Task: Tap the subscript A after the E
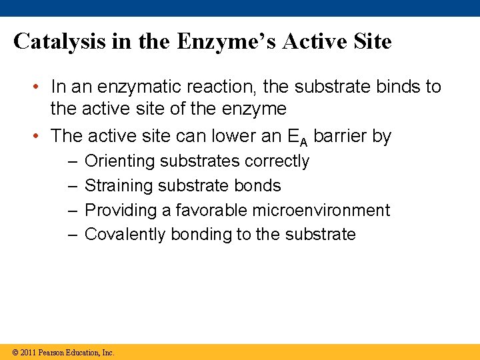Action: pyautogui.click(x=303, y=141)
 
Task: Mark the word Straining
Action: pyautogui.click(x=117, y=186)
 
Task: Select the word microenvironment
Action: pyautogui.click(x=321, y=211)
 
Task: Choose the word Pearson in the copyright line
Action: pyautogui.click(x=53, y=353)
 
